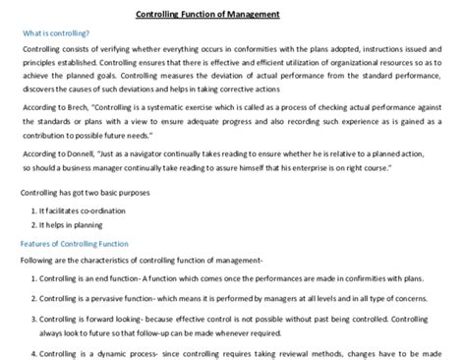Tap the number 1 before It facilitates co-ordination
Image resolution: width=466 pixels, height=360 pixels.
coord(37,210)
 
